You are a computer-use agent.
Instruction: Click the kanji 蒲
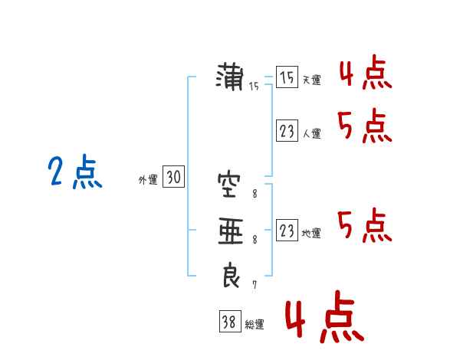click(230, 77)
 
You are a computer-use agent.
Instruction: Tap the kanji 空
click(229, 185)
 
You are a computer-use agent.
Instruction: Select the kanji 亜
click(231, 231)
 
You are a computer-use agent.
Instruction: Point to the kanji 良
click(231, 275)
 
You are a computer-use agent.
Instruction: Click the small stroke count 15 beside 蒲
click(254, 87)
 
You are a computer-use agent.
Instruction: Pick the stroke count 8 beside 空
click(255, 194)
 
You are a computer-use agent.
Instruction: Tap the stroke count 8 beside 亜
click(255, 240)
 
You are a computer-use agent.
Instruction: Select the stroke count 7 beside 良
click(255, 284)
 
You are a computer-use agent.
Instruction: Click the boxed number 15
click(287, 77)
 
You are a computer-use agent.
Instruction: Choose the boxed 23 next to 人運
click(287, 130)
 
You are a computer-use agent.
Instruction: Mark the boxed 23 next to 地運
click(287, 230)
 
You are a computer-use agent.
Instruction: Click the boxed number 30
click(173, 176)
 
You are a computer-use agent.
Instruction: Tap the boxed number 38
click(230, 321)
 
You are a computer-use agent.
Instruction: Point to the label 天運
click(311, 80)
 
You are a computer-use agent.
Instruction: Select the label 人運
click(311, 134)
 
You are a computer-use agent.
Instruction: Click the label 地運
click(311, 234)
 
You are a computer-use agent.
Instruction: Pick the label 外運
click(148, 180)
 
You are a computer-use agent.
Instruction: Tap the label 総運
click(255, 325)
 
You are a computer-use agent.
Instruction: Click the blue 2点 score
click(75, 172)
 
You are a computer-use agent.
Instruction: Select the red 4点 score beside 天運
click(366, 73)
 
